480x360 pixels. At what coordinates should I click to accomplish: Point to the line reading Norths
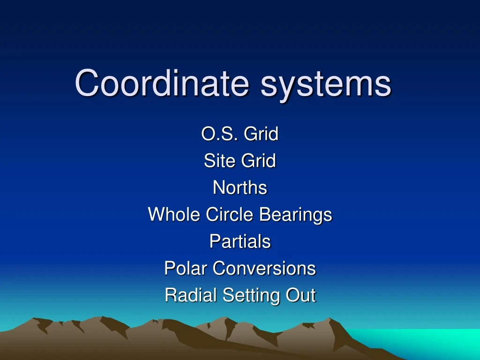[x=240, y=188]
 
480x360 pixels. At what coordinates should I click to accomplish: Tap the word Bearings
[x=296, y=215]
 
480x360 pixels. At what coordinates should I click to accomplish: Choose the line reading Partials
[x=240, y=241]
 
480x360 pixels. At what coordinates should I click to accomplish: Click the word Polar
[x=186, y=269]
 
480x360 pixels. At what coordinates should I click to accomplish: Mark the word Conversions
[x=264, y=269]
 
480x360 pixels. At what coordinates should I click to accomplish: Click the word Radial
[x=191, y=295]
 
